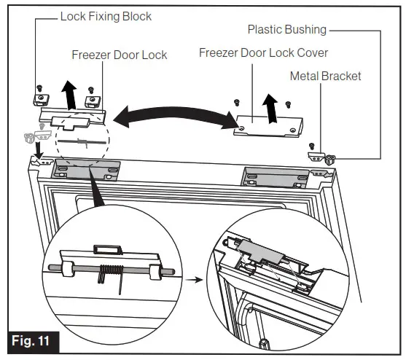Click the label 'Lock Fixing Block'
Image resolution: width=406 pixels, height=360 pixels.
coord(106,16)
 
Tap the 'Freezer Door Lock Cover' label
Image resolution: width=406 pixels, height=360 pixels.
coord(263,52)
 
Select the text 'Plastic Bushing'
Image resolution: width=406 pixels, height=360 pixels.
coord(286,30)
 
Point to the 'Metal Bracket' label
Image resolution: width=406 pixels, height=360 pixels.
coord(325,76)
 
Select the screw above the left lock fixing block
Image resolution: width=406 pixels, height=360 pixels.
coord(40,84)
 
